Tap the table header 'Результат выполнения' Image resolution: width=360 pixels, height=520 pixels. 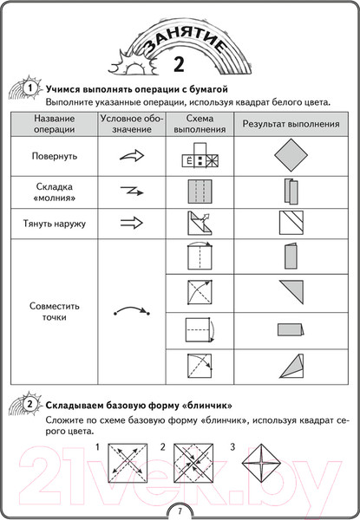click(291, 124)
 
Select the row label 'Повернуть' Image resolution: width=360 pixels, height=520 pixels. click(54, 158)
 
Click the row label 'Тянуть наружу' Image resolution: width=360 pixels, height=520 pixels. click(54, 223)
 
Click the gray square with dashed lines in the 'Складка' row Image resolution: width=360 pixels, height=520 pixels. click(199, 191)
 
